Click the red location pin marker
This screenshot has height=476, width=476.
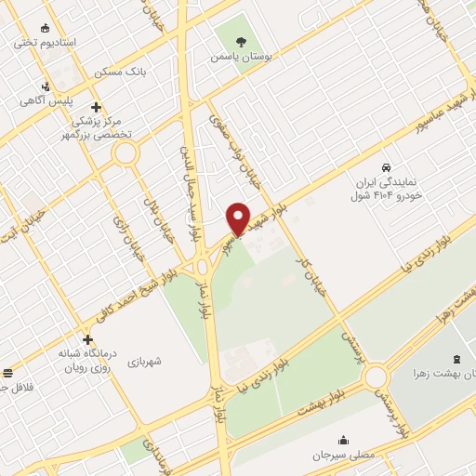(239, 219)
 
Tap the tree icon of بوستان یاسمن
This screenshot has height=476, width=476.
(242, 42)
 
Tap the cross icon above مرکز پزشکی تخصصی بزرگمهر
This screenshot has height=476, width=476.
(97, 106)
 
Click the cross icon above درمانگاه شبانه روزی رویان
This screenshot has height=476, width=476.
(87, 339)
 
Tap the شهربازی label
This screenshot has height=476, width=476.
(147, 360)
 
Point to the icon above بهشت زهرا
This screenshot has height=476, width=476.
(455, 359)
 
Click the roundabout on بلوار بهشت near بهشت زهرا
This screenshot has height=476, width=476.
(376, 377)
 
